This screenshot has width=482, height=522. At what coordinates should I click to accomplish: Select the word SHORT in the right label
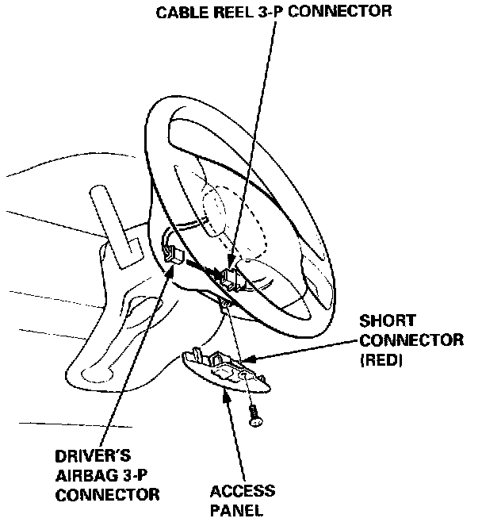click(x=387, y=322)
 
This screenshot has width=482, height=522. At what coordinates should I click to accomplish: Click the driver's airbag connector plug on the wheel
click(x=173, y=253)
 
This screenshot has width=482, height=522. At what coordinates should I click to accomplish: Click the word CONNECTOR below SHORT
click(x=410, y=340)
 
